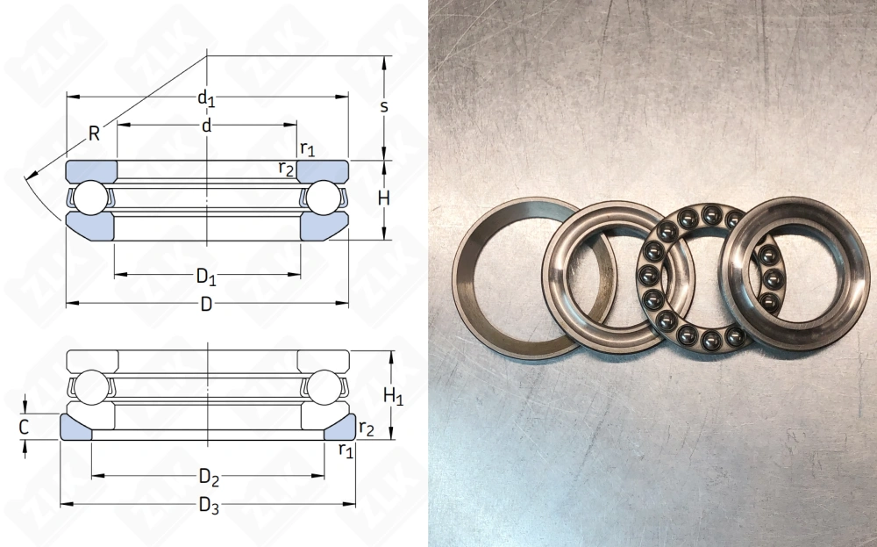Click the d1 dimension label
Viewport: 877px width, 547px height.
[x=206, y=98]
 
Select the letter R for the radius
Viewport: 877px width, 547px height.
[x=94, y=133]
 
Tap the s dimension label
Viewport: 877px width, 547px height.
[x=384, y=106]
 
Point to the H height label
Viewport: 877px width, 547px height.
[x=384, y=198]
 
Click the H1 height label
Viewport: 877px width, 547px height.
[x=393, y=396]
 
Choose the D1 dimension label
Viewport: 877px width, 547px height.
[x=206, y=276]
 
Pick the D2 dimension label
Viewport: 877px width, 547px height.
[x=209, y=477]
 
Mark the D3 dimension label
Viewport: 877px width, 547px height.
[x=209, y=506]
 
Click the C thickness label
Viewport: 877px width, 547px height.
[x=24, y=428]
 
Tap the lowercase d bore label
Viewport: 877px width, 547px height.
[x=207, y=126]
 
